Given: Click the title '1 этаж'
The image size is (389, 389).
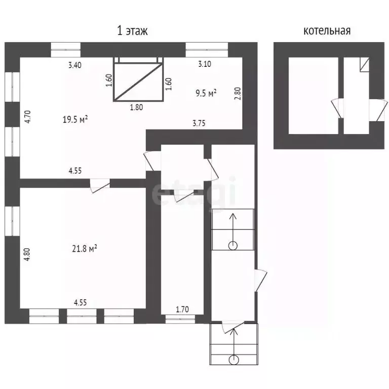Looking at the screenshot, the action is (132, 31).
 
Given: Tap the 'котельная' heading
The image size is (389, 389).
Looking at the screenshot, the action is (327, 31).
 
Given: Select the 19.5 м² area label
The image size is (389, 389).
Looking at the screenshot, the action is (75, 120).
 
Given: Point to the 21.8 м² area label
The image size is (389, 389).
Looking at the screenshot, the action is (85, 248).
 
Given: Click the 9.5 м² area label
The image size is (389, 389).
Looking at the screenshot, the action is (206, 93).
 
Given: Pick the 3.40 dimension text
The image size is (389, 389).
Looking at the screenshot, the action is (75, 65).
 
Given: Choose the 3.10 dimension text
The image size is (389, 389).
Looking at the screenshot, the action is (205, 64).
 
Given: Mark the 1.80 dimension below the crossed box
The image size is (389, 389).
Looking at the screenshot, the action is (136, 107).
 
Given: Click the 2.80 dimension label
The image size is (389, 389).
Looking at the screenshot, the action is (238, 94).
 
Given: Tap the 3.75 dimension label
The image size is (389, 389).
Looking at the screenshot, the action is (199, 123).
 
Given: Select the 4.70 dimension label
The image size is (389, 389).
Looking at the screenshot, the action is (27, 117).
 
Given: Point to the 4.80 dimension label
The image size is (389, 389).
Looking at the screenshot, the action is (27, 254).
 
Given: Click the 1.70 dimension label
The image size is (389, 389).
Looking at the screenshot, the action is (182, 309).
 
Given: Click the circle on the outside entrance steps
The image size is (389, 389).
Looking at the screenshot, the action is (234, 360).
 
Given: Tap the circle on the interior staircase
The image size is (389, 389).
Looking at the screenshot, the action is (233, 246).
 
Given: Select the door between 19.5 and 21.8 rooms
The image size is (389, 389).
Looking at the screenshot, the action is (100, 185).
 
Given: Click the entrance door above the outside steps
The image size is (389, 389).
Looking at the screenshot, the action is (233, 327).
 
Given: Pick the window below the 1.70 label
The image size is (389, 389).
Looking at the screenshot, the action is (180, 319).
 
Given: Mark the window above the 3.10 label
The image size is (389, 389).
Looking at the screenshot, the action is (207, 50).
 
